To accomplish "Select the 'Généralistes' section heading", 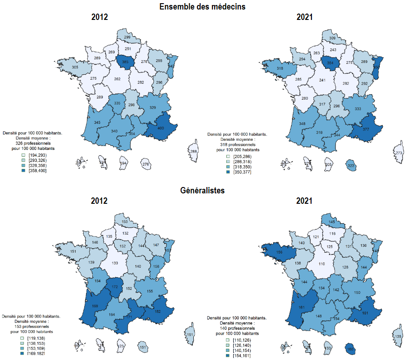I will (x=202, y=191).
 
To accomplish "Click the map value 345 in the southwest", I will (x=97, y=123).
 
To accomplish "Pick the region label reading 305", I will (x=76, y=67).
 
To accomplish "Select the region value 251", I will (x=128, y=49).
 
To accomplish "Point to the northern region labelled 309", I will (x=332, y=38).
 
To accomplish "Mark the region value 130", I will (x=115, y=264).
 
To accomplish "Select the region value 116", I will (x=332, y=234).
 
